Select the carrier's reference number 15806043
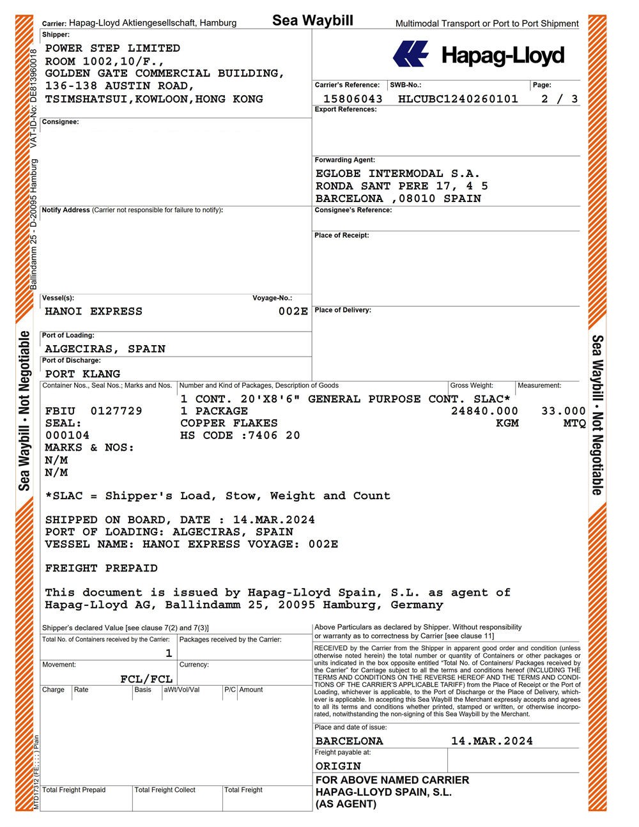(353, 99)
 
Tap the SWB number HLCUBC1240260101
(458, 99)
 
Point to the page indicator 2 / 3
(559, 99)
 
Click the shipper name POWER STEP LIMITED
(112, 49)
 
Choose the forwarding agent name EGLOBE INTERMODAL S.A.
(397, 174)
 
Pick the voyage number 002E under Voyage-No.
(293, 312)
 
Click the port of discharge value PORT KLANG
(82, 374)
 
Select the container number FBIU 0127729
(94, 411)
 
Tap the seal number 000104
(67, 436)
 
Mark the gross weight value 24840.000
(484, 411)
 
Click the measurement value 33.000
(563, 411)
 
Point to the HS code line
(240, 436)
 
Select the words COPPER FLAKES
(229, 423)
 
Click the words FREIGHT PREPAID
(101, 568)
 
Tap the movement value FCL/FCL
(146, 679)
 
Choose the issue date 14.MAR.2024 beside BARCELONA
(491, 741)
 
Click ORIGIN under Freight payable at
(338, 766)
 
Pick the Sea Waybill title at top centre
(312, 20)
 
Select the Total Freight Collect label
(165, 790)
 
